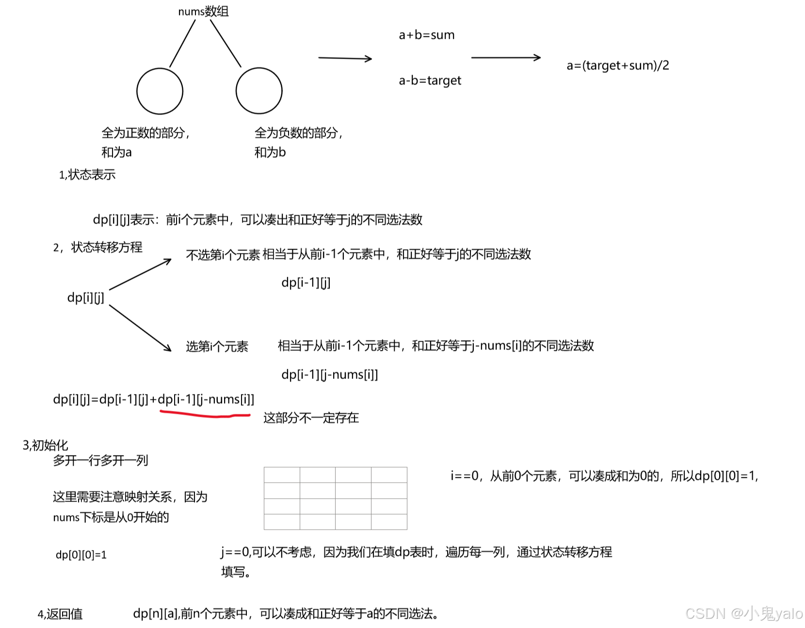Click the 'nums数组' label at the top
click(203, 11)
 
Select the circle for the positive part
click(160, 91)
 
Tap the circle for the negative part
click(259, 91)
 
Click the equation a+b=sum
click(426, 35)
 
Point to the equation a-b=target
click(430, 80)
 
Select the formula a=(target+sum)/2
click(617, 65)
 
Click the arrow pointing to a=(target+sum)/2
click(506, 58)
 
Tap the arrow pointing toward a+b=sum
click(345, 58)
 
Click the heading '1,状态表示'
click(87, 174)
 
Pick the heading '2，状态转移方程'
click(97, 247)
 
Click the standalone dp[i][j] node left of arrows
click(85, 298)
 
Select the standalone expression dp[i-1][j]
click(306, 283)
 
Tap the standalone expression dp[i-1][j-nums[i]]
click(329, 374)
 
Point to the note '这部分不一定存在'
click(311, 418)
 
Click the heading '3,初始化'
click(45, 445)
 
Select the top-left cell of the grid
click(282, 475)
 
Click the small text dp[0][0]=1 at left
click(81, 554)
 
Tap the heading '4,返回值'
click(60, 614)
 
